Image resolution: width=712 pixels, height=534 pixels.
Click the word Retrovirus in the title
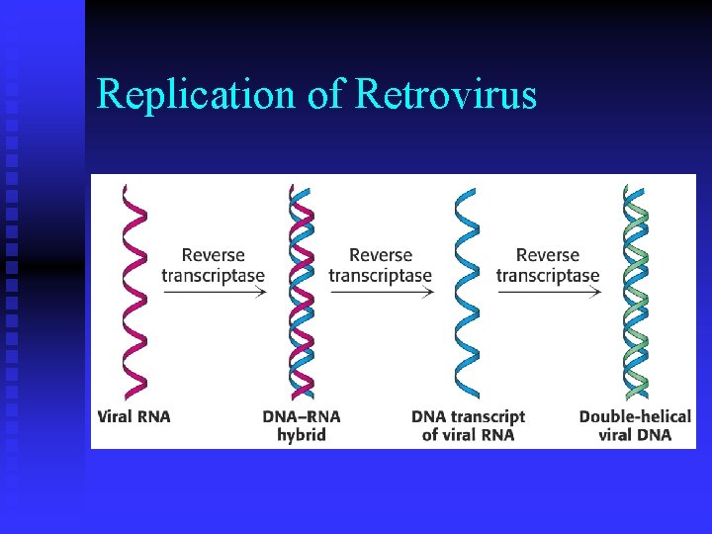[x=445, y=95]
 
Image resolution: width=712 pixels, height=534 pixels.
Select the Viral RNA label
[x=134, y=416]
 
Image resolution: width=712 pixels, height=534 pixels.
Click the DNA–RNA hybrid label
[x=302, y=425]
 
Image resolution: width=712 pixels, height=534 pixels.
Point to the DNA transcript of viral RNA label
[x=468, y=425]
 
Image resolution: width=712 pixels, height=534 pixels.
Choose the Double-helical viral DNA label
[x=635, y=425]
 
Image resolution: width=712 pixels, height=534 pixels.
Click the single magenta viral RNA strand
[x=134, y=291]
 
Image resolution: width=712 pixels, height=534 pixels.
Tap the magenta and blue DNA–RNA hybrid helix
[x=302, y=291]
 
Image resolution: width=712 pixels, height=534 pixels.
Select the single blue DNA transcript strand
[x=466, y=291]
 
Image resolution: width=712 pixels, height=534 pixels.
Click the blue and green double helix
[x=636, y=291]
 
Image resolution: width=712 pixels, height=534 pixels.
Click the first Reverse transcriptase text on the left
[x=214, y=265]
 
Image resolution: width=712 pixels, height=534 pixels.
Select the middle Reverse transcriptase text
[x=381, y=265]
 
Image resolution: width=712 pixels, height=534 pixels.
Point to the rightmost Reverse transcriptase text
[x=548, y=265]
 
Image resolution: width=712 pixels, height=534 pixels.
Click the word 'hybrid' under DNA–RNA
[x=302, y=435]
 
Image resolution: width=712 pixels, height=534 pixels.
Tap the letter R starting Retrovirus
[x=366, y=95]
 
